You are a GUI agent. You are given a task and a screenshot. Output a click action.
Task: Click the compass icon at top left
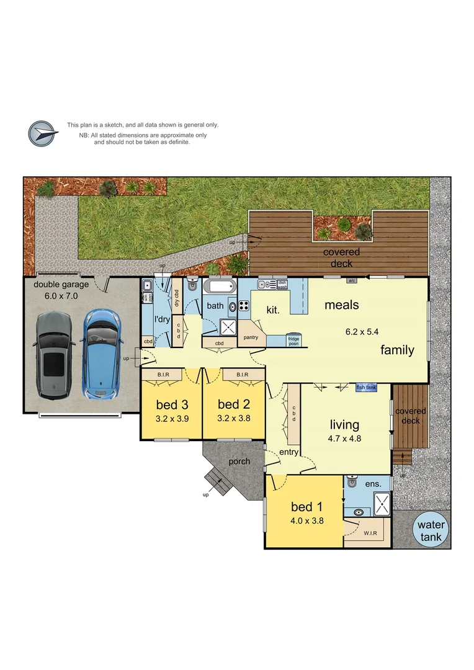(42, 133)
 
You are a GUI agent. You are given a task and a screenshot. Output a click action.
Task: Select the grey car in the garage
(54, 354)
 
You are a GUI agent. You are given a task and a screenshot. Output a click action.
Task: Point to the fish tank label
(366, 388)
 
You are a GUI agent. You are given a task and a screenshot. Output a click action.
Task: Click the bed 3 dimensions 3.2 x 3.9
(172, 419)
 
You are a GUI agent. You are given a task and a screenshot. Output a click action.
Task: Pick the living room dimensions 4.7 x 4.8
(344, 438)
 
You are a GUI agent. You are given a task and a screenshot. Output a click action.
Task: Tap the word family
(397, 350)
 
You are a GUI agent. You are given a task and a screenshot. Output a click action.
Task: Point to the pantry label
(250, 337)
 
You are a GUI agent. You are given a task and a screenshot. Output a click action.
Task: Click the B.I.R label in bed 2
(234, 374)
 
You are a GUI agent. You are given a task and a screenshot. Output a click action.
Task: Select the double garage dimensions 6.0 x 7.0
(61, 296)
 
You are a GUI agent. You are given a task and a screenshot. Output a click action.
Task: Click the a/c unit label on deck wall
(351, 280)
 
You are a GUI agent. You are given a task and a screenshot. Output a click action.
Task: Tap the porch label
(239, 461)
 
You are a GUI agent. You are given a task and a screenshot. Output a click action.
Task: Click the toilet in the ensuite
(352, 481)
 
